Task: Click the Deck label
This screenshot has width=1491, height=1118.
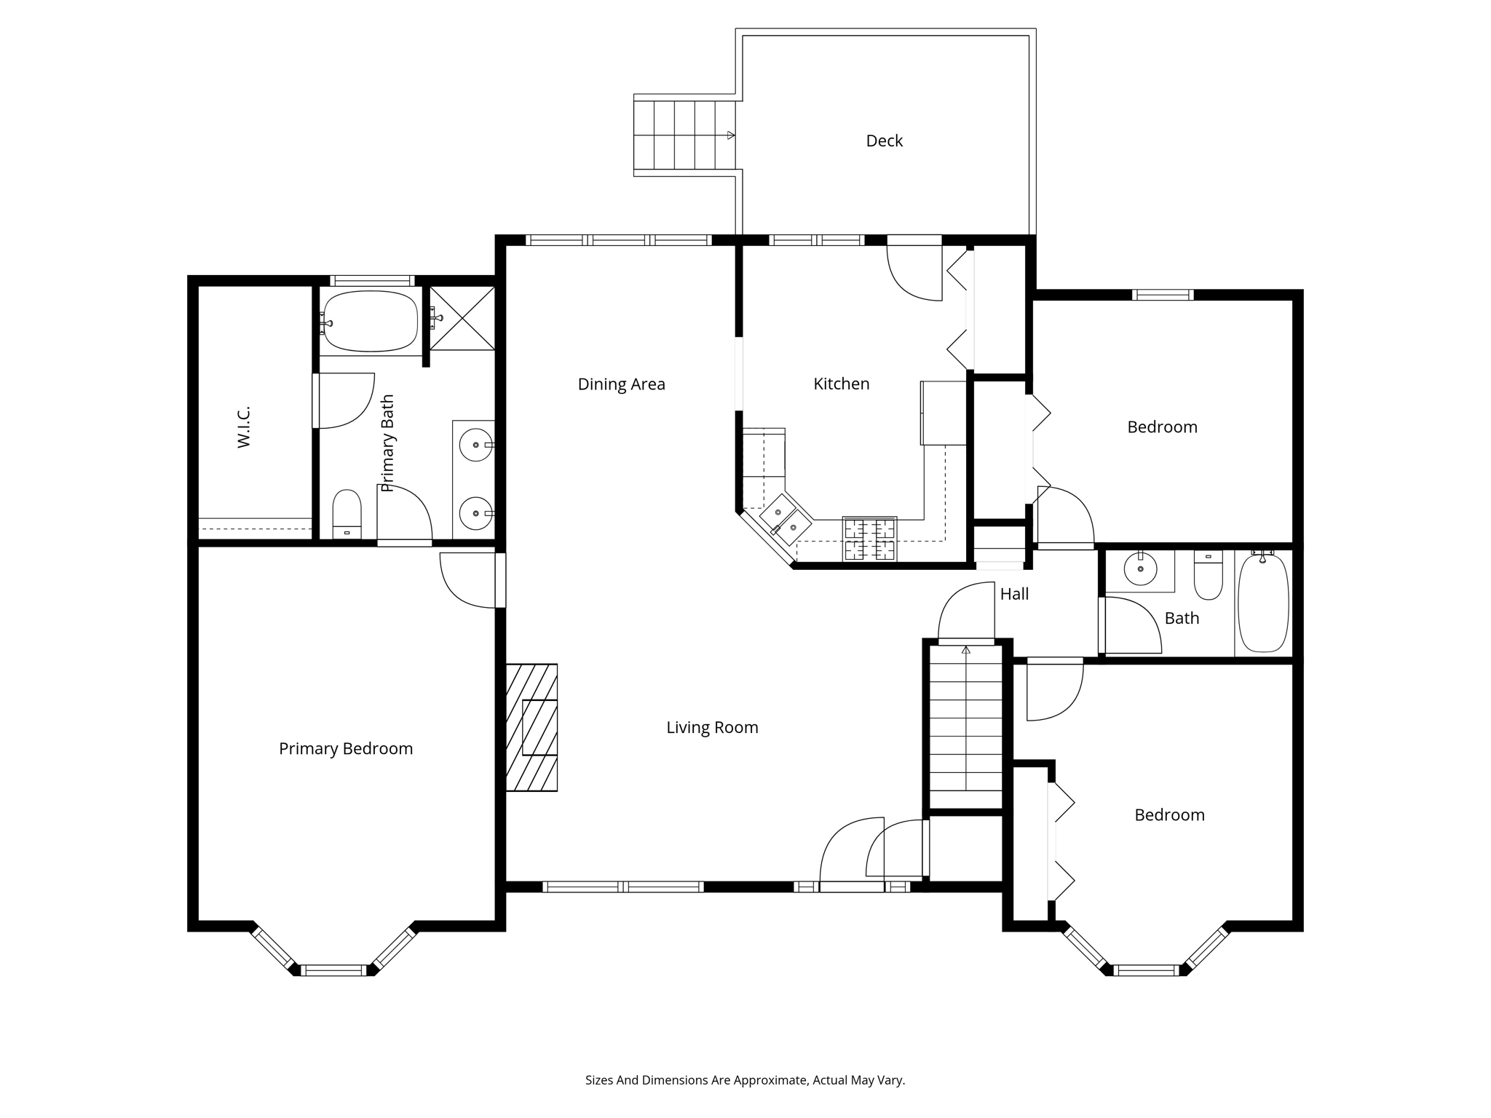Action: point(884,140)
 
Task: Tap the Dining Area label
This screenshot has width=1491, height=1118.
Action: point(621,384)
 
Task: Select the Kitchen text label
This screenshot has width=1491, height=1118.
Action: point(841,384)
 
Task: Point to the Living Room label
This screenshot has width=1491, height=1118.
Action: point(712,727)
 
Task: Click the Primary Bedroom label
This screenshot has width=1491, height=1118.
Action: point(346,748)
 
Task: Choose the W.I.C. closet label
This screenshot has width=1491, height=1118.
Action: point(244,427)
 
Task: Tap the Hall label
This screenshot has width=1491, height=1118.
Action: point(1014,594)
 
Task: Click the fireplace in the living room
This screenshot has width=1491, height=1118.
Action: point(531,727)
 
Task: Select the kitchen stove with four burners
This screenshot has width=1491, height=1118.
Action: point(869,539)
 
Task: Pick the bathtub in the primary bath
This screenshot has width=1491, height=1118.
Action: point(371,321)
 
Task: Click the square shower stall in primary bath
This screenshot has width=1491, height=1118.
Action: point(462,318)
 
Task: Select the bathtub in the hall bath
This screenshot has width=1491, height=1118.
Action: point(1263,603)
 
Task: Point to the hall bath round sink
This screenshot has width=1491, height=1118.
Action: point(1140,568)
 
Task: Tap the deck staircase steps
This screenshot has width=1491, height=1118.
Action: point(684,135)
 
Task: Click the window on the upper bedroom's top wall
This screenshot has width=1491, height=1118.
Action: point(1163,295)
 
